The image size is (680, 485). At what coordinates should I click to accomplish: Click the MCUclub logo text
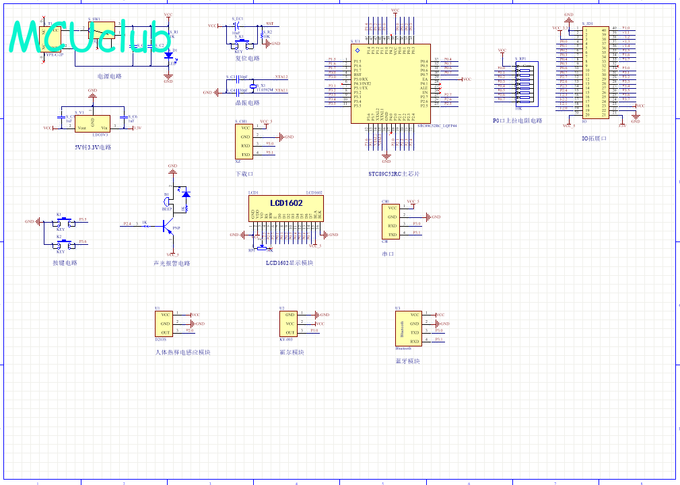click(92, 35)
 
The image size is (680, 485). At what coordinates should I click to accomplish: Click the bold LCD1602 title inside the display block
click(286, 202)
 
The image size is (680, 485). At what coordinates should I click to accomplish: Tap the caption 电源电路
click(110, 76)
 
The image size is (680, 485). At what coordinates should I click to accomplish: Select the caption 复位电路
click(247, 59)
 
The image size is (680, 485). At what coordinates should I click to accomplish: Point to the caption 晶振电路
click(247, 103)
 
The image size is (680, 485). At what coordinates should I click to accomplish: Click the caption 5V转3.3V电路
click(94, 147)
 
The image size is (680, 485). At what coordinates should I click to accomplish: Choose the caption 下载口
click(244, 174)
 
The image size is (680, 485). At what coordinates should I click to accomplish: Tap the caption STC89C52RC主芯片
click(394, 174)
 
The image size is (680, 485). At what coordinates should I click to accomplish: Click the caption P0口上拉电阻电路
click(517, 121)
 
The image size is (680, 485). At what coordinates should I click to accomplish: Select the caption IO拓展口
click(594, 138)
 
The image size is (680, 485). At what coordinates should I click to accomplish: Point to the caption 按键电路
click(65, 263)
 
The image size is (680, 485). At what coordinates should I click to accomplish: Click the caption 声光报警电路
click(172, 263)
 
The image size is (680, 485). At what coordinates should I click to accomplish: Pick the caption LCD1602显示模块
click(290, 263)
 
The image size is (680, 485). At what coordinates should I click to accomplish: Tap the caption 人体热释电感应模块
click(182, 352)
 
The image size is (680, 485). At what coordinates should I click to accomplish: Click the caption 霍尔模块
click(292, 352)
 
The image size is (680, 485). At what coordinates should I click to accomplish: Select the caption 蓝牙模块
click(407, 361)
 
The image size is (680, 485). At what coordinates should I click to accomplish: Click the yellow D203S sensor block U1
click(164, 323)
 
